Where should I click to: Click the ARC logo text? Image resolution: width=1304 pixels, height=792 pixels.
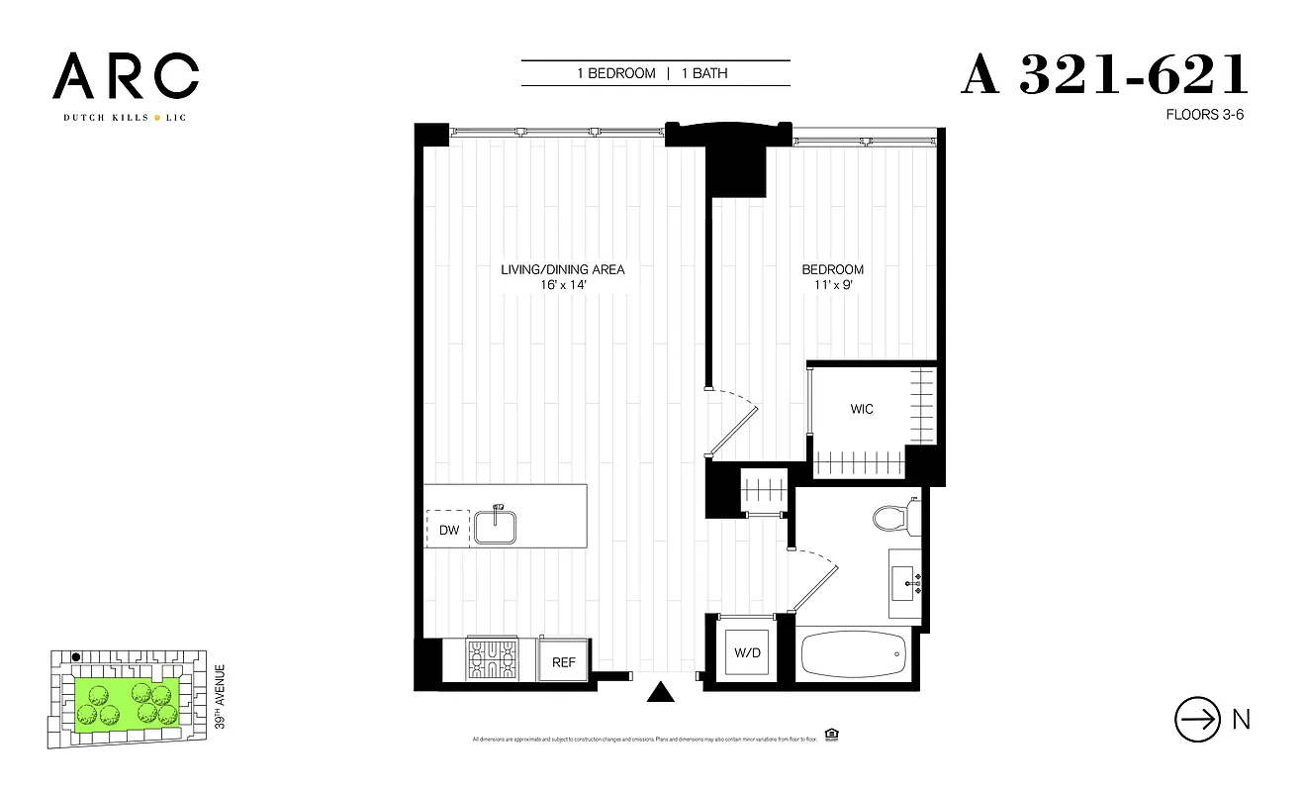(126, 76)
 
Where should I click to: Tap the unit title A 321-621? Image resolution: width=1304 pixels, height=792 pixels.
(1104, 75)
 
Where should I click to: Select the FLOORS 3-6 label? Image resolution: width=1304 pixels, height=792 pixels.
(1204, 115)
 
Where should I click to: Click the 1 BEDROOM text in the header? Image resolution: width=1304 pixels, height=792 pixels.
(616, 73)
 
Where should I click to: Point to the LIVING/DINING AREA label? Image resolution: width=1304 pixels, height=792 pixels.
(562, 269)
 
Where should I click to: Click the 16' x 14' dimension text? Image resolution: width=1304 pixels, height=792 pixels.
(562, 284)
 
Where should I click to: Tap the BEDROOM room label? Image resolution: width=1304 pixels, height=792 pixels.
(832, 269)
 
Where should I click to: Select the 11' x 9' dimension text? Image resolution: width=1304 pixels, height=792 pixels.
(832, 284)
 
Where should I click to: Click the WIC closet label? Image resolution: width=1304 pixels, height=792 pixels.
(862, 409)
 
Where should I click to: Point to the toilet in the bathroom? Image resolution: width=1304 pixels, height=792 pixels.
(892, 518)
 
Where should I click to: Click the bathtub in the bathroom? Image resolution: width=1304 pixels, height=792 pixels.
(853, 653)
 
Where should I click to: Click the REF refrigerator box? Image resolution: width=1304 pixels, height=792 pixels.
(564, 662)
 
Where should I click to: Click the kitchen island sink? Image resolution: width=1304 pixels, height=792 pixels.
(497, 525)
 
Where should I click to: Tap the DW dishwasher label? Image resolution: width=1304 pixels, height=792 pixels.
(449, 531)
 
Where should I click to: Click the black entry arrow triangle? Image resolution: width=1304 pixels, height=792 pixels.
(659, 692)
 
